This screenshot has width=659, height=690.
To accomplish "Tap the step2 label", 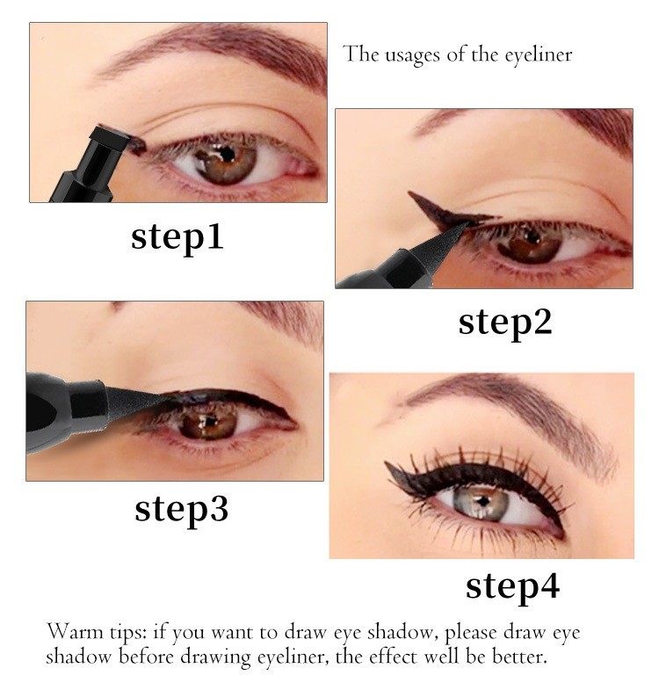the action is [505, 323].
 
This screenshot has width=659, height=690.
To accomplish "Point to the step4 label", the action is [512, 586].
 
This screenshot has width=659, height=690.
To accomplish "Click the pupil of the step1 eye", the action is [227, 154].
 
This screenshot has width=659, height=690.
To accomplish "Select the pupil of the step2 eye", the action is [532, 238].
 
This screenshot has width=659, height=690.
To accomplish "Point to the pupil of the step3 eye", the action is [210, 422].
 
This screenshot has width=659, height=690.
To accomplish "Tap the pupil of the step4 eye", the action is [483, 501].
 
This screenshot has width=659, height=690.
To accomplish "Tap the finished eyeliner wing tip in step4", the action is [386, 463].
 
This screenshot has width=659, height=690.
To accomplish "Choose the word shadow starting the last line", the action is [79, 657].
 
